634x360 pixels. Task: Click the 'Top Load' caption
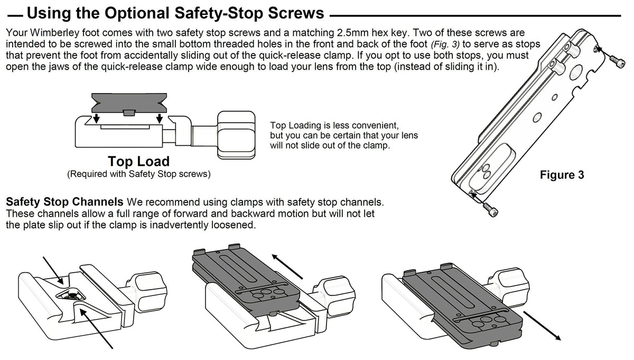[138, 161]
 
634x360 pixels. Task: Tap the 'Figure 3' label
[562, 175]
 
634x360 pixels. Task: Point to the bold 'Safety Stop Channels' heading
[64, 202]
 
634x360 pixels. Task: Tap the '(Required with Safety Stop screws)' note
[138, 174]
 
